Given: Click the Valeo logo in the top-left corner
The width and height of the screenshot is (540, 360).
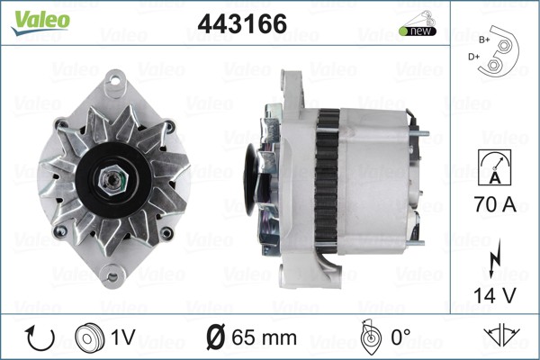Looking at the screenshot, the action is pyautogui.click(x=40, y=22).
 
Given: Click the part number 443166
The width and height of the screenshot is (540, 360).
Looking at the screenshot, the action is pyautogui.click(x=242, y=23).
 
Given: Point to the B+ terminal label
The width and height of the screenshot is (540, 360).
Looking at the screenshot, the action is pyautogui.click(x=484, y=40).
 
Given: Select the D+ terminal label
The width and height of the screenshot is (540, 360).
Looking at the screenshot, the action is pyautogui.click(x=473, y=57).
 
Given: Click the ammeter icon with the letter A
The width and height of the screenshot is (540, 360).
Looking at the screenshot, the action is pyautogui.click(x=495, y=167).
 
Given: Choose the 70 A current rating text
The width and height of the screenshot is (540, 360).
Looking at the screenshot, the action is pyautogui.click(x=495, y=204).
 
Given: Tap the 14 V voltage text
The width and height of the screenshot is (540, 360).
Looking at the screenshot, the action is pyautogui.click(x=495, y=295).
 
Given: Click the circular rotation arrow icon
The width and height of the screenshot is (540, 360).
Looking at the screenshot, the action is pyautogui.click(x=40, y=338).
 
